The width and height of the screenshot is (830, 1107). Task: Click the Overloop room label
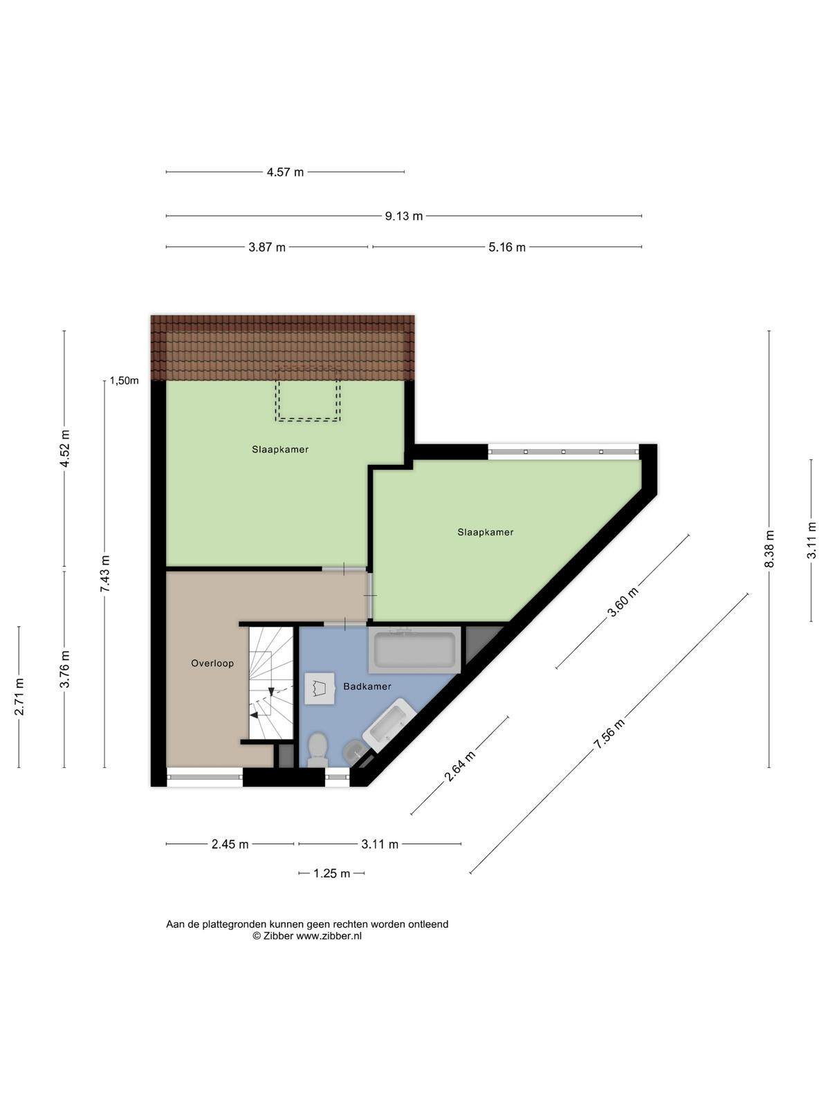pyautogui.click(x=212, y=664)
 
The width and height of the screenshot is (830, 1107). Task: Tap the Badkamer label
pyautogui.click(x=367, y=686)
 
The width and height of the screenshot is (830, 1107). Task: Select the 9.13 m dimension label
pyautogui.click(x=404, y=217)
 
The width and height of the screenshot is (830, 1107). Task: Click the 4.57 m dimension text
pyautogui.click(x=285, y=172)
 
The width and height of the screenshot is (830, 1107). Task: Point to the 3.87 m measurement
pyautogui.click(x=267, y=247)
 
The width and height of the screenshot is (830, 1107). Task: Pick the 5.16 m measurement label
pyautogui.click(x=507, y=247)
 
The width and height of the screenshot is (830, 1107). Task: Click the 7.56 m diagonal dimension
pyautogui.click(x=609, y=734)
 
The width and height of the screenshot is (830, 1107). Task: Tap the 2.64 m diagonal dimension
pyautogui.click(x=459, y=766)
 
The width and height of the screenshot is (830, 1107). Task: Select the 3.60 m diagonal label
pyautogui.click(x=623, y=602)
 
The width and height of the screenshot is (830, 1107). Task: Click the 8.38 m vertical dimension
pyautogui.click(x=769, y=549)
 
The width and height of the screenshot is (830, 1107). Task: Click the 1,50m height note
pyautogui.click(x=124, y=381)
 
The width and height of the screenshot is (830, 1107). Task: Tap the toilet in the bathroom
pyautogui.click(x=317, y=749)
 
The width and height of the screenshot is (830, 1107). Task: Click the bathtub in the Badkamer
pyautogui.click(x=414, y=650)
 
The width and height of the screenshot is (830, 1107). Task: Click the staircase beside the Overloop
pyautogui.click(x=270, y=684)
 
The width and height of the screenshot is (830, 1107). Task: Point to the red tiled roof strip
pyautogui.click(x=283, y=347)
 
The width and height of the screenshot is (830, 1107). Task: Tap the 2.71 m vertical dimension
pyautogui.click(x=19, y=697)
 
